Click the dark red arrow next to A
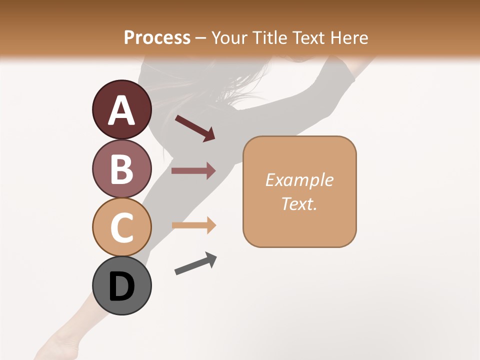coord(194,128)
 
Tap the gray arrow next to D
coord(195,263)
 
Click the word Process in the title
coord(157,37)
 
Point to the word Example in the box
coord(299,180)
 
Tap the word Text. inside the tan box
coord(299,203)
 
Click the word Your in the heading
coord(228,37)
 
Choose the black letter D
coord(121,287)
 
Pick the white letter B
coord(121,169)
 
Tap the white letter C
coord(121,228)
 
